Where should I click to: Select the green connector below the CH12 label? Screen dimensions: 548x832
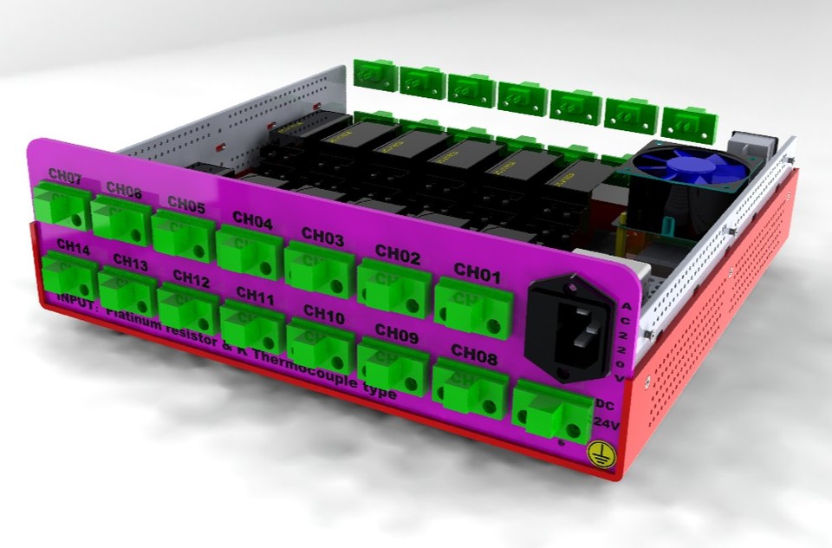pyautogui.click(x=187, y=310)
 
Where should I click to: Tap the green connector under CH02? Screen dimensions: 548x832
pyautogui.click(x=393, y=287)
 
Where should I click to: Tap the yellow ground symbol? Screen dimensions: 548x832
pyautogui.click(x=601, y=453)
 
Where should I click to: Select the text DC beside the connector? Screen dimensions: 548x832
pyautogui.click(x=608, y=403)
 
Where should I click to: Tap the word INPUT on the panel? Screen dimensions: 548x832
pyautogui.click(x=76, y=301)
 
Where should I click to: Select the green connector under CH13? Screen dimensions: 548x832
pyautogui.click(x=127, y=291)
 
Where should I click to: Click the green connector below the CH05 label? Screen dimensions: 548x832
pyautogui.click(x=183, y=235)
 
